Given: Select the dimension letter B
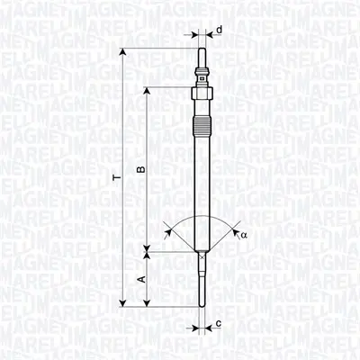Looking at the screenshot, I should click(139, 168).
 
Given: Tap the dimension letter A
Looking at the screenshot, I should click(139, 280).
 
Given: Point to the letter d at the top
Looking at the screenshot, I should click(220, 29).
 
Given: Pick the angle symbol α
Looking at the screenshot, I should click(242, 236).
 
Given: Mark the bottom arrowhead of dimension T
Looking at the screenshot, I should click(122, 303).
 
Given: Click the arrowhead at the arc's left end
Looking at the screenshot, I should click(168, 232).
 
